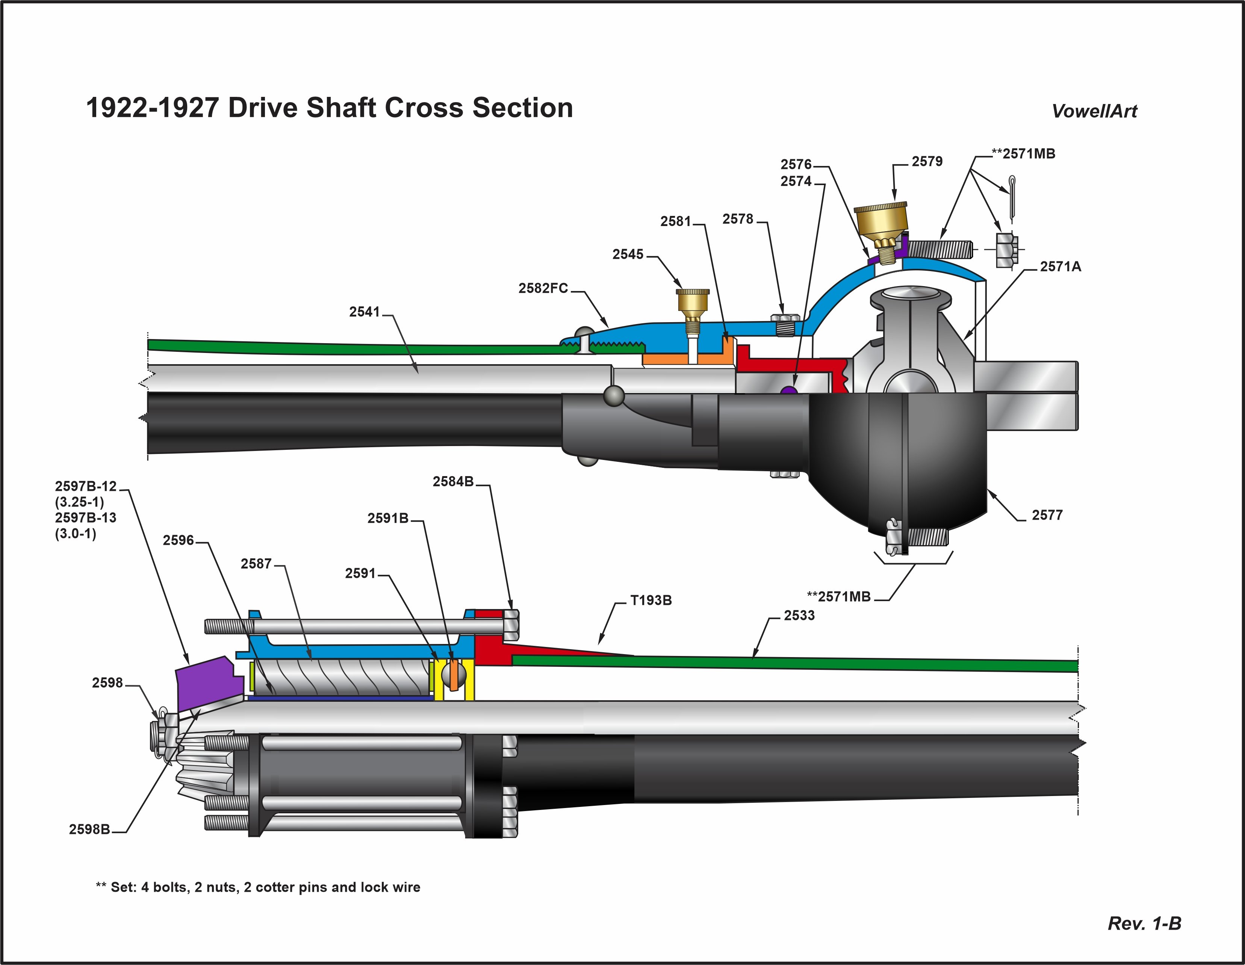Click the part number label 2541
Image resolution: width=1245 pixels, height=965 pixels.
tap(364, 312)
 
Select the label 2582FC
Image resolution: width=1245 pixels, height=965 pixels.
tap(543, 288)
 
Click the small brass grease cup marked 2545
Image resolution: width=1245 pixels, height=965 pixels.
tap(693, 302)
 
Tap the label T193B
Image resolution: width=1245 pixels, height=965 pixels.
tap(650, 600)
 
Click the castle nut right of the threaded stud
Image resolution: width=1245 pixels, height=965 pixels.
tap(1007, 249)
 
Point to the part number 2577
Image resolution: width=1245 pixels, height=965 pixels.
tap(1047, 515)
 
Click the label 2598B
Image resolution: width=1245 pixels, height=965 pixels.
tap(89, 829)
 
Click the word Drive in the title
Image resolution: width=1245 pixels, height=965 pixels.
tap(263, 108)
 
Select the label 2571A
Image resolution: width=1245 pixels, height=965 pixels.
tap(1060, 267)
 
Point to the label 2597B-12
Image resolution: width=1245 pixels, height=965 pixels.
tap(86, 486)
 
